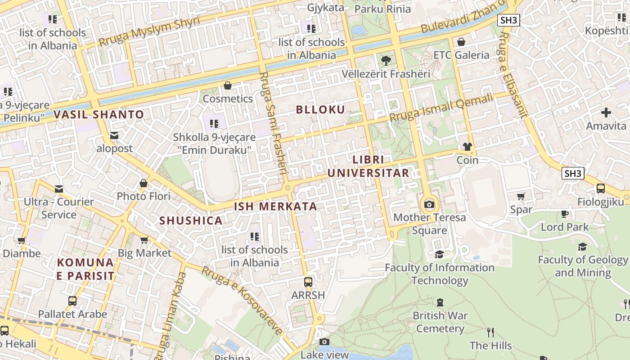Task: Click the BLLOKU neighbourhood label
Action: point(320,110)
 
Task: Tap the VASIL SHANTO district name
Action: point(99,115)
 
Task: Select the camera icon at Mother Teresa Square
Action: point(429,205)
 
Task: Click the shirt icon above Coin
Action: point(468,147)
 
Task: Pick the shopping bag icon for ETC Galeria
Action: point(461,42)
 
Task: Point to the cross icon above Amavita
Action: point(606,112)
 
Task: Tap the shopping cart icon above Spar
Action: point(521,196)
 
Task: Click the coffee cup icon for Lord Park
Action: point(565,214)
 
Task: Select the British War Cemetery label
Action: point(440,322)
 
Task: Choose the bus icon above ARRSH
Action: point(308,282)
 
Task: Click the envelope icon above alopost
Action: point(114,135)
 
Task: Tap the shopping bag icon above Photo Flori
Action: point(144,183)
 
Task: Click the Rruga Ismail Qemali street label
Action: point(441,108)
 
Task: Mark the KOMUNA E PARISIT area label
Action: point(85,269)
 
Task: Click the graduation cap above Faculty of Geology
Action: point(582,247)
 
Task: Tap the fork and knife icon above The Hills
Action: point(490,333)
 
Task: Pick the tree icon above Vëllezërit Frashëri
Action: point(386,61)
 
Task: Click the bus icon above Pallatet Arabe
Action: point(72,301)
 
